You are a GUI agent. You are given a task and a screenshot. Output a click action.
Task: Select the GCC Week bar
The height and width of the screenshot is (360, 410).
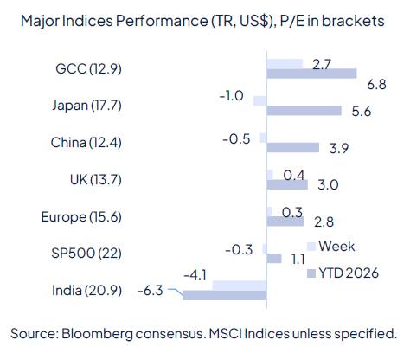point(285,63)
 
